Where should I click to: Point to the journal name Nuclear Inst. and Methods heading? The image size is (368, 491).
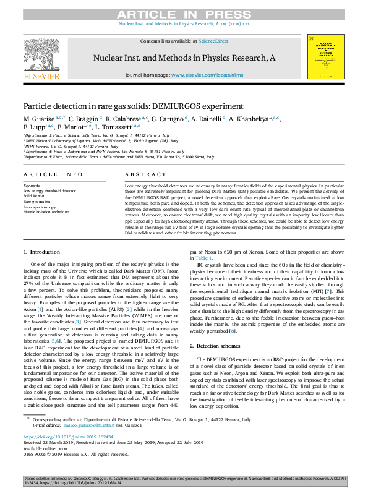[x=184, y=58]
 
